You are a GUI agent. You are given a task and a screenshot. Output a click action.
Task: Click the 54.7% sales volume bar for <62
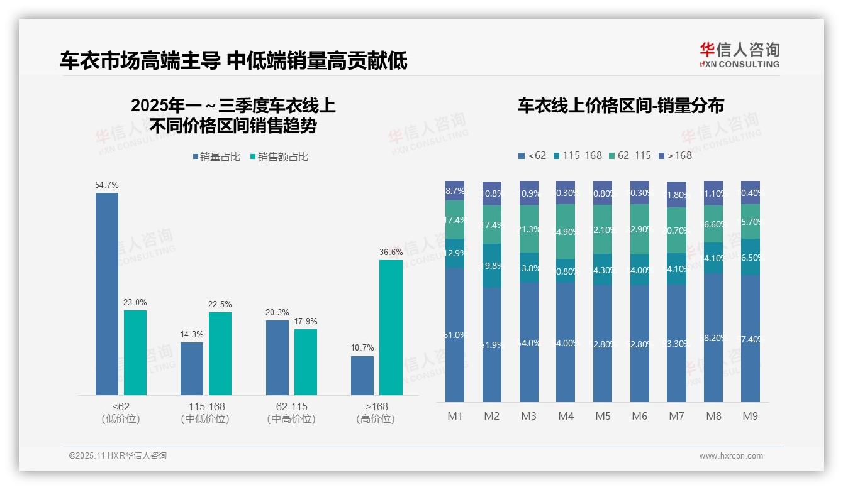(107, 293)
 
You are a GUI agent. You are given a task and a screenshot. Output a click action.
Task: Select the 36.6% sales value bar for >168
(391, 327)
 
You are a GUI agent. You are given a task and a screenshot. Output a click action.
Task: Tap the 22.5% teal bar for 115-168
(220, 353)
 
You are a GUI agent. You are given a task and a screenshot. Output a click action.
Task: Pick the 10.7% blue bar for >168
(362, 375)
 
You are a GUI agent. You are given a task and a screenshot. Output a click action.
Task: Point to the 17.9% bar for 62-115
(306, 362)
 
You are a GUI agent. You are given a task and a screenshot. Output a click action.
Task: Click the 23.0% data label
(135, 302)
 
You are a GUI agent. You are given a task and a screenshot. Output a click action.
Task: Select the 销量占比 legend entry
(216, 157)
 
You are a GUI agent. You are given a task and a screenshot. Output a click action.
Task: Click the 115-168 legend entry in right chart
(577, 155)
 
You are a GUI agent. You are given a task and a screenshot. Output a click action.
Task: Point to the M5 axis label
(603, 416)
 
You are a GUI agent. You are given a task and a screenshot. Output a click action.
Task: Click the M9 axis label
(750, 416)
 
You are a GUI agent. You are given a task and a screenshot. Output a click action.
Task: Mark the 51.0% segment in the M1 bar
(455, 335)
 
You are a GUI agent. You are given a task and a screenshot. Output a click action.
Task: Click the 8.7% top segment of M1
(455, 191)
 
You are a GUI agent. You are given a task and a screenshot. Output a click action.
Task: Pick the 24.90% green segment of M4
(566, 231)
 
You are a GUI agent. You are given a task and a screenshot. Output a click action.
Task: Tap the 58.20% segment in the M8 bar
(713, 337)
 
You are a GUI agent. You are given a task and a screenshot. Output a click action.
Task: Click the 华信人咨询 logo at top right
(739, 55)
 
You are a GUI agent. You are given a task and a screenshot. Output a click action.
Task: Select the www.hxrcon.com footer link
(731, 456)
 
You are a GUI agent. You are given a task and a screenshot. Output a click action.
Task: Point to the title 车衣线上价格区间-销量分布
(620, 106)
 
